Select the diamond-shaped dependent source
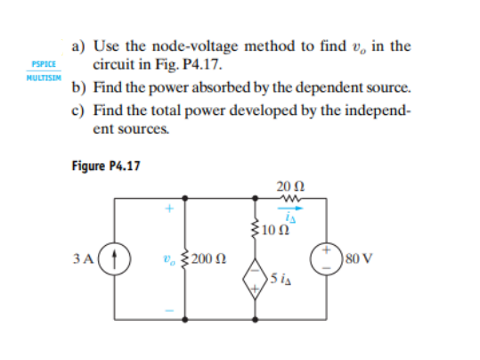pyautogui.click(x=257, y=278)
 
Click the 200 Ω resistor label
pyautogui.click(x=212, y=261)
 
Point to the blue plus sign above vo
pyautogui.click(x=167, y=213)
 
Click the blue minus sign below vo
pyautogui.click(x=167, y=308)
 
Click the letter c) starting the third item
pyautogui.click(x=77, y=110)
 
